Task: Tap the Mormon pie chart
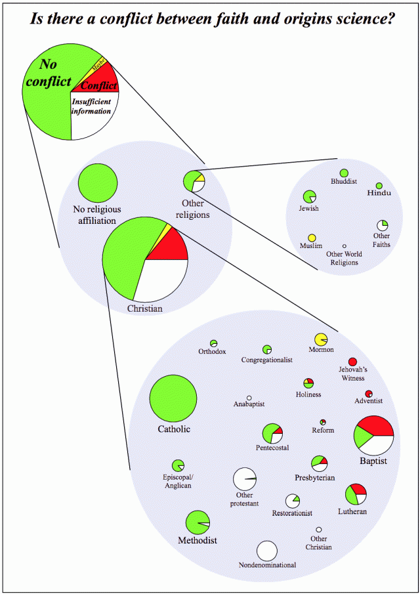click(x=321, y=339)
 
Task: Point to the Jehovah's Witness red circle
click(x=352, y=362)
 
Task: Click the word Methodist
click(x=198, y=541)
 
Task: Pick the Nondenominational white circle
click(x=267, y=550)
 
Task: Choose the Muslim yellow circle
click(x=312, y=238)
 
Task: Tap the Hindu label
click(x=379, y=193)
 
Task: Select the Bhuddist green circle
click(x=344, y=173)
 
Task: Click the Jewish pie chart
click(x=309, y=196)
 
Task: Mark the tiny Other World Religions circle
click(x=344, y=245)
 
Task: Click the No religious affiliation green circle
click(x=98, y=182)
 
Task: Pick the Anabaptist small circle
click(x=249, y=398)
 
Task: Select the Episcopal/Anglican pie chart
click(x=178, y=465)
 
